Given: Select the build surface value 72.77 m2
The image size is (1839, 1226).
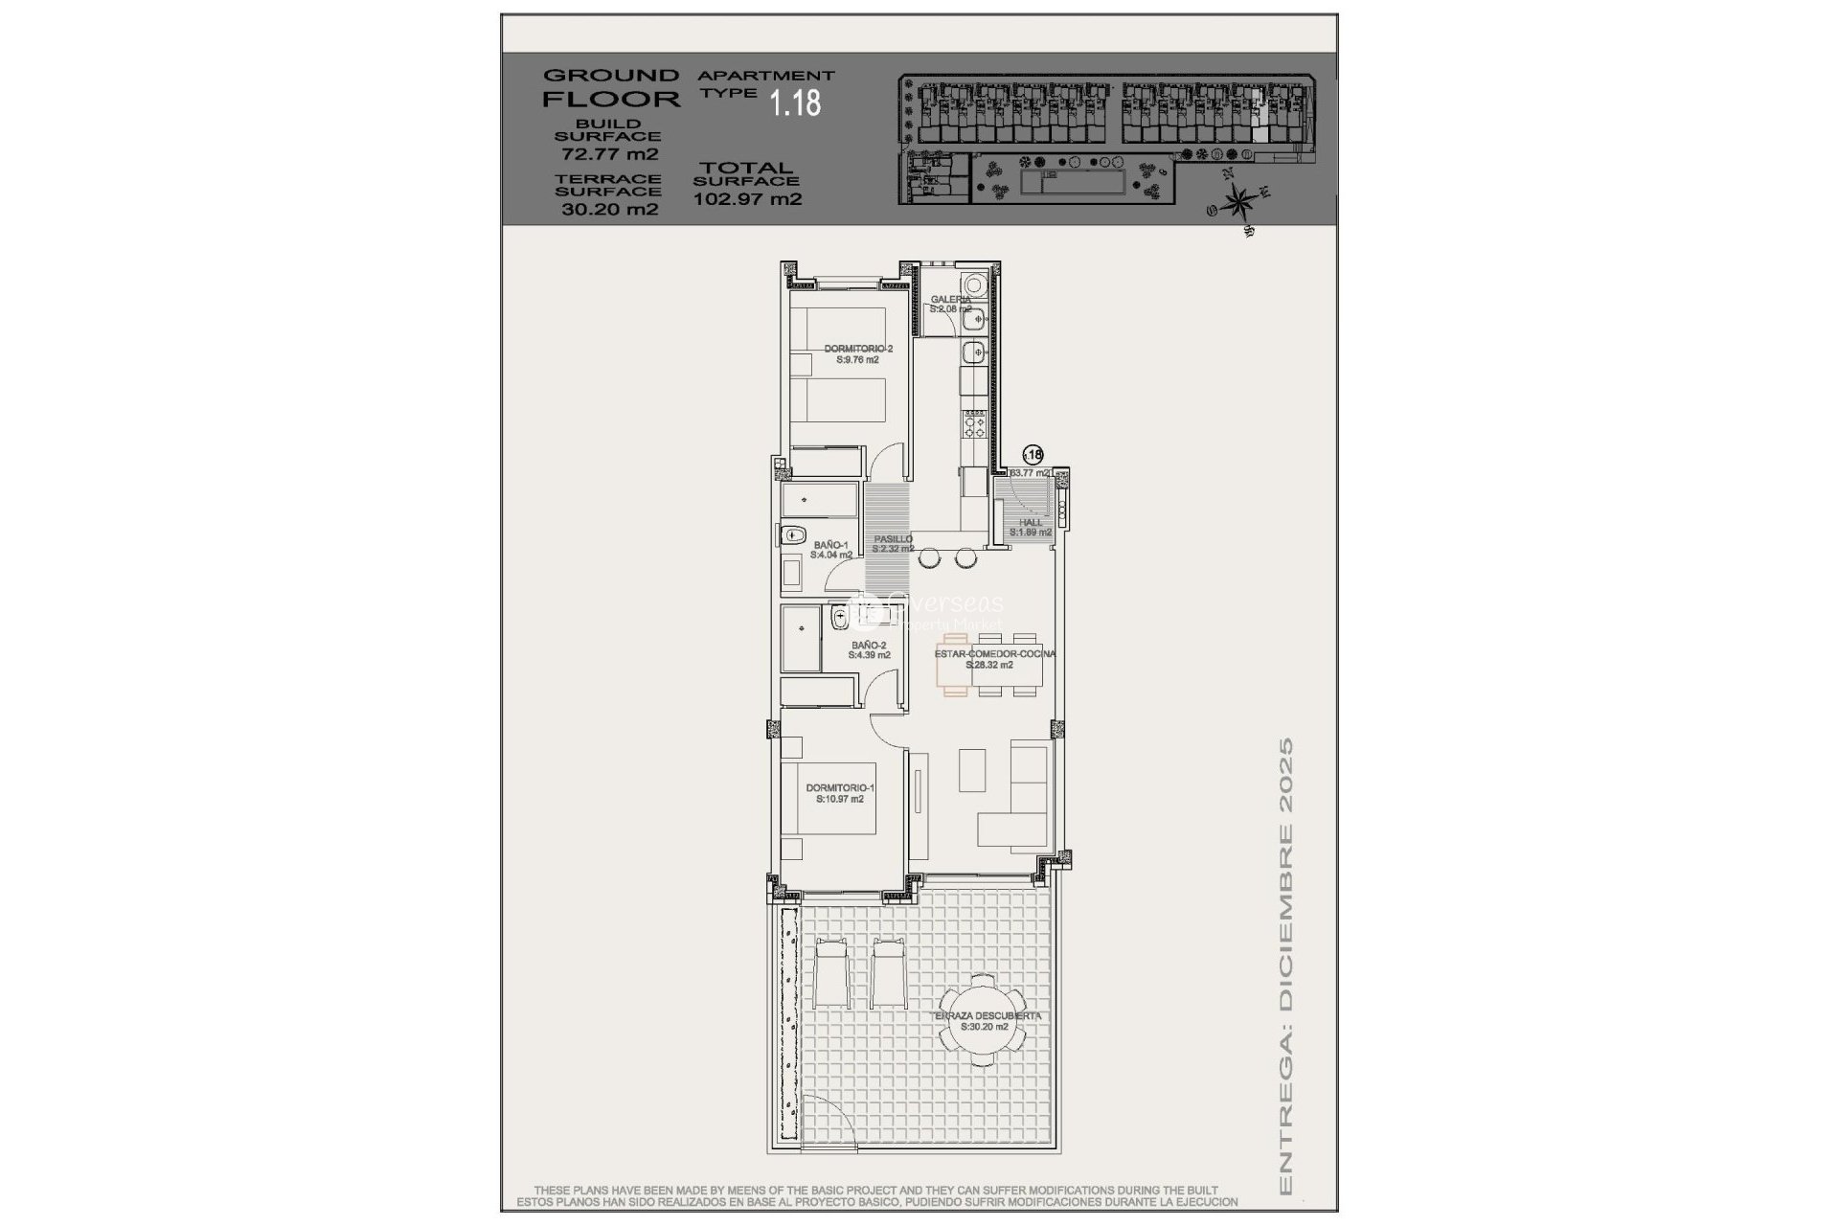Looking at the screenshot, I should pyautogui.click(x=609, y=154).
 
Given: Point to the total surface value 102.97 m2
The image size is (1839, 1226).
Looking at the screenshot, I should pyautogui.click(x=747, y=199).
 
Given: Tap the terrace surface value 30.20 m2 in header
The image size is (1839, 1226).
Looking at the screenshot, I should pyautogui.click(x=609, y=210).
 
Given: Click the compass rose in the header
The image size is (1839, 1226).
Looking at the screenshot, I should pyautogui.click(x=1239, y=202).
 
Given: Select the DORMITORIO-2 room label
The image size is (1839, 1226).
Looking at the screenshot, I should pyautogui.click(x=857, y=354).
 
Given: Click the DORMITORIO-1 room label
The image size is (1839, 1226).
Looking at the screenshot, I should pyautogui.click(x=840, y=793).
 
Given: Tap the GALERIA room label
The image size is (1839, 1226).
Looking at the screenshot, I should pyautogui.click(x=950, y=304).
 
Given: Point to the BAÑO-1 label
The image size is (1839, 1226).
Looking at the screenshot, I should pyautogui.click(x=830, y=550).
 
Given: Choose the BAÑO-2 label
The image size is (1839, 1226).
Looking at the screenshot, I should pyautogui.click(x=869, y=650).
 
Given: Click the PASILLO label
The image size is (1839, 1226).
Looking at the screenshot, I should pyautogui.click(x=893, y=544).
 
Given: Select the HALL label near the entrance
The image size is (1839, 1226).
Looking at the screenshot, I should pyautogui.click(x=1031, y=527).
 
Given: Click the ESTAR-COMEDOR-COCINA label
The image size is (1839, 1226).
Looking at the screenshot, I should pyautogui.click(x=994, y=659).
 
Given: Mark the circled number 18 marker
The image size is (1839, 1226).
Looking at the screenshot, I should pyautogui.click(x=1033, y=455).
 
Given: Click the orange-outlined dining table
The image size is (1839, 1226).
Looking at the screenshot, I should pyautogui.click(x=955, y=665).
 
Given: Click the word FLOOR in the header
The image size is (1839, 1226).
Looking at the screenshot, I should pyautogui.click(x=611, y=99).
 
